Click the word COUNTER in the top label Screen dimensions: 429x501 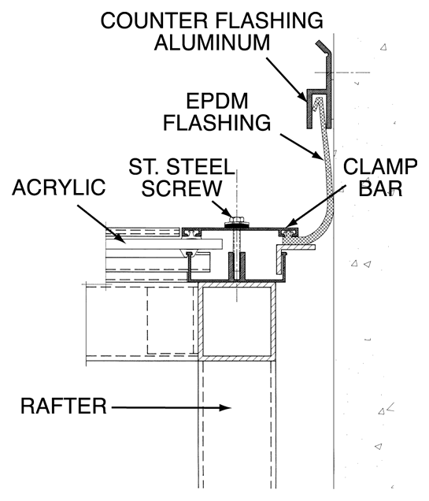coord(154,20)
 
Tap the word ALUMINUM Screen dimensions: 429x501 coord(213,43)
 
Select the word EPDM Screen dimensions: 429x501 coord(217,101)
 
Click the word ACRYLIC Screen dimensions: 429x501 coord(59,187)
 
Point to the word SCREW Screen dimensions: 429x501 coord(182,188)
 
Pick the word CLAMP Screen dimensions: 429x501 coord(380,167)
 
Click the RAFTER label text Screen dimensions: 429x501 coord(64,406)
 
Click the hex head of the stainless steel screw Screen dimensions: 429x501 coord(236,220)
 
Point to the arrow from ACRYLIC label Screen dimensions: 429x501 coord(102,224)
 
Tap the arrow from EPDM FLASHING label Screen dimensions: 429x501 coord(302,147)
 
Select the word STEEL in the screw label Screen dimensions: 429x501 coord(201,166)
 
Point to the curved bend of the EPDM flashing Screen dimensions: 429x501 coord(322,227)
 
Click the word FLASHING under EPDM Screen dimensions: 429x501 coord(217,123)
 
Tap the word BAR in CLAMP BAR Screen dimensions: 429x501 coord(380,188)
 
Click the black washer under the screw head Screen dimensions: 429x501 coord(236,225)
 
